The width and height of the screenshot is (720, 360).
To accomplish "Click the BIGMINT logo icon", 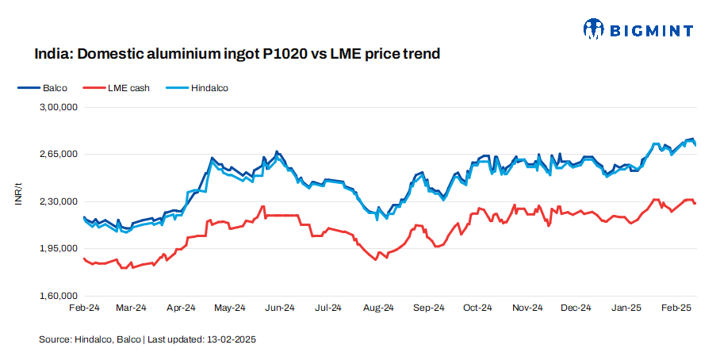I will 594,30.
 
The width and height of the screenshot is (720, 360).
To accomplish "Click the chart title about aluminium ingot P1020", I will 237,55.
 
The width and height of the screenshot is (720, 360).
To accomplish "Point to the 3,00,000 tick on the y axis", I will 58,106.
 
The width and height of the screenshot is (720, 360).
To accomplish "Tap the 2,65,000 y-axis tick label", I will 58,154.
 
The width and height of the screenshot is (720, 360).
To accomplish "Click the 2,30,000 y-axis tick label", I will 58,201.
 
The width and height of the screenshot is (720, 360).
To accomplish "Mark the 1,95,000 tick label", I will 58,249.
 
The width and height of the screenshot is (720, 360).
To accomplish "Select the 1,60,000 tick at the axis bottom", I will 58,297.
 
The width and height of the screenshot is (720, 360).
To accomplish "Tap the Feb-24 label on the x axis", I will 84,308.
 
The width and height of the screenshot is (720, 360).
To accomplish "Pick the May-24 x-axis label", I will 230,308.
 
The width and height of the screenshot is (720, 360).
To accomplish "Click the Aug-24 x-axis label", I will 378,308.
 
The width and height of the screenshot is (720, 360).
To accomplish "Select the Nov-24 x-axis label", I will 527,308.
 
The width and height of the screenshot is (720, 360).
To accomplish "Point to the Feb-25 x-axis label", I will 676,308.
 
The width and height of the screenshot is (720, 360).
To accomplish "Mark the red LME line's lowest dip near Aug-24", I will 373,259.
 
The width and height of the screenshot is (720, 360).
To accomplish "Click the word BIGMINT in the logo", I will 651,31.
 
